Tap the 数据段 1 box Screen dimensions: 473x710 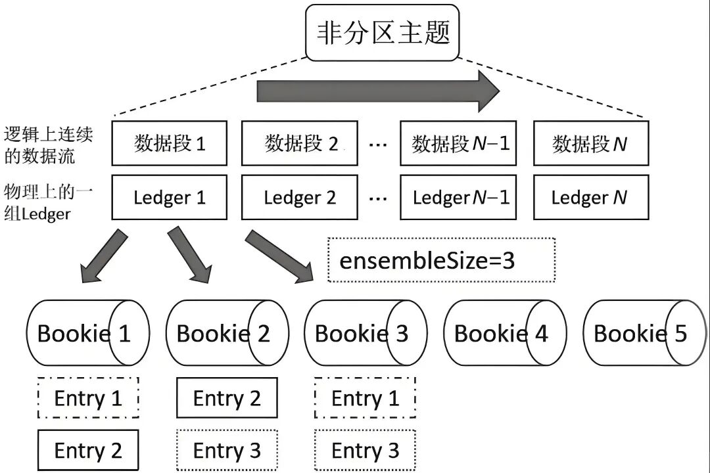click(x=170, y=143)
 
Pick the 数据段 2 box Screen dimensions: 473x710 click(x=300, y=143)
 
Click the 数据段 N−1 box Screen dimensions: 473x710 click(x=459, y=143)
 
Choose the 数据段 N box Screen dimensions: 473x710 click(x=590, y=143)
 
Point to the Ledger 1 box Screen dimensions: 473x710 click(x=170, y=197)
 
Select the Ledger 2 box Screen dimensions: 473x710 click(x=300, y=197)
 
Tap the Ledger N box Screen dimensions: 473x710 click(x=590, y=197)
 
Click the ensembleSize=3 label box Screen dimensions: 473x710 click(x=441, y=260)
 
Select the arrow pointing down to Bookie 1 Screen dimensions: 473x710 click(x=105, y=256)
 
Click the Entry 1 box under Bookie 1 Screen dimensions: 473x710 click(x=88, y=398)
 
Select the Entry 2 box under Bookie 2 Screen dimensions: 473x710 click(x=227, y=398)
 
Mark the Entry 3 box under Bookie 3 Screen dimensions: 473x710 click(x=365, y=451)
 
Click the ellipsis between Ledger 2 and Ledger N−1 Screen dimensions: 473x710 click(x=378, y=198)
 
